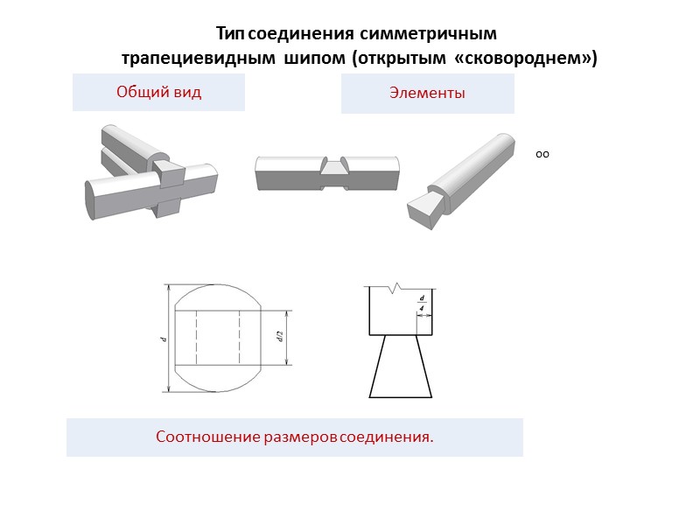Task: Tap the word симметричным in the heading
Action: (428, 34)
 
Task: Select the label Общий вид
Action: (159, 92)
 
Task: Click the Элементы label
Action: (427, 93)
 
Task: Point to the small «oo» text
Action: (542, 155)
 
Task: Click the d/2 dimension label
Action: (280, 336)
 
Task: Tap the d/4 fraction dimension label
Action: (422, 303)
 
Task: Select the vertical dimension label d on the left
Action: (164, 339)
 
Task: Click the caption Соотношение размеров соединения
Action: (295, 437)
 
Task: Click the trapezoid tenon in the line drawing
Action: (401, 366)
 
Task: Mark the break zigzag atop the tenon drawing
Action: (395, 289)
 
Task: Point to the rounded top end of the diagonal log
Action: (507, 143)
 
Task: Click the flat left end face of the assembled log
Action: (91, 200)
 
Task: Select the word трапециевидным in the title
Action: (199, 59)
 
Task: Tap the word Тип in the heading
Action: (230, 34)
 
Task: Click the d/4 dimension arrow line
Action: (424, 316)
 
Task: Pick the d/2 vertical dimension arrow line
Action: (287, 338)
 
